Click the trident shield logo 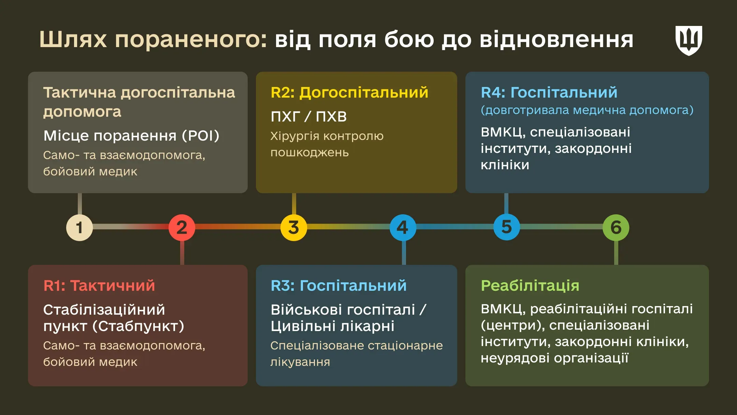pos(689,40)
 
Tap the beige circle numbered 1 pos(79,228)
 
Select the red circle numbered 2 pos(182,228)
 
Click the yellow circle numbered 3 pos(293,228)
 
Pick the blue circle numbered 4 pos(403,228)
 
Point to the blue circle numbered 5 pos(506,227)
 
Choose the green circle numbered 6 pos(616,228)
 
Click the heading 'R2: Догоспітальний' pos(349,92)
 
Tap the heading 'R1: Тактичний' pos(99,286)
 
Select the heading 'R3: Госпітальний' pos(338,286)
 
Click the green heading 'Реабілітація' pos(530,286)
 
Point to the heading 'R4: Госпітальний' pos(549,92)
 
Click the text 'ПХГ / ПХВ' pos(308,117)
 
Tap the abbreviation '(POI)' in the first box pos(201,136)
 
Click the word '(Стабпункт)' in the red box pos(138,326)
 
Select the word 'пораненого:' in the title pos(191,40)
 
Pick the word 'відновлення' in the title pos(556,40)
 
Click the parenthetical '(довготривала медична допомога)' pos(587,110)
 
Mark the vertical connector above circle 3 pos(294,204)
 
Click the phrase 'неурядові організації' pos(554,358)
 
